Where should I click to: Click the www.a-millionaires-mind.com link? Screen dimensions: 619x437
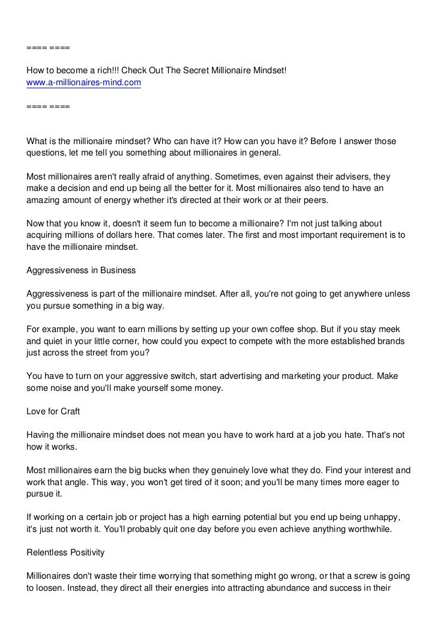[x=83, y=83]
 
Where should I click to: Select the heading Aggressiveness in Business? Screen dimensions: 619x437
[x=81, y=271]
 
